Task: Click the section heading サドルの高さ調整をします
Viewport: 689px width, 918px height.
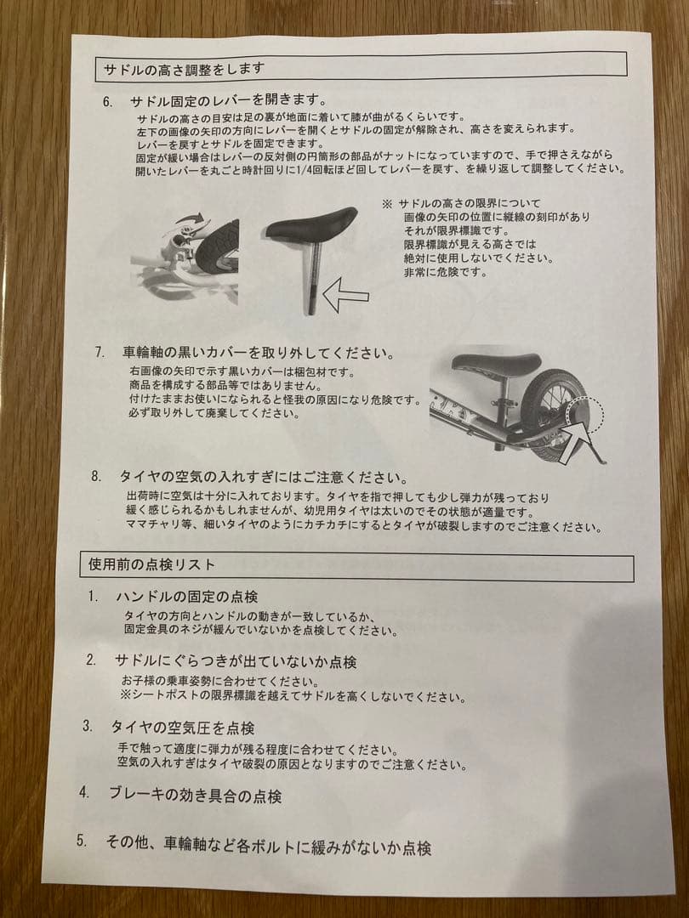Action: [x=184, y=68]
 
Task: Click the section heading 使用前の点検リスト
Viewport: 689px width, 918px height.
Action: [x=151, y=564]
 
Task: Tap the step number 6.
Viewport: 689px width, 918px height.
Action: [x=107, y=102]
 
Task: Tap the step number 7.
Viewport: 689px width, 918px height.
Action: [x=100, y=352]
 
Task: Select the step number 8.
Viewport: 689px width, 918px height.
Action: [x=96, y=476]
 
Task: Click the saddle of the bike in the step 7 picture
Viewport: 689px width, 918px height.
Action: [x=495, y=364]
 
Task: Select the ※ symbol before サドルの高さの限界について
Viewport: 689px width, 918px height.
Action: [x=387, y=204]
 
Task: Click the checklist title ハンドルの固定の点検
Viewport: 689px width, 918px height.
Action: [x=186, y=597]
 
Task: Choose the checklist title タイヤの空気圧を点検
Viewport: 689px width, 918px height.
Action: [x=182, y=728]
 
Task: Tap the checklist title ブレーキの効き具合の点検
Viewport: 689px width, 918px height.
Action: [x=195, y=796]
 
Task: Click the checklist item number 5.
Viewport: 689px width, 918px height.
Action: [x=82, y=841]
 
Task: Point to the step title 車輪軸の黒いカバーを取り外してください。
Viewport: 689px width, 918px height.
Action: [x=258, y=352]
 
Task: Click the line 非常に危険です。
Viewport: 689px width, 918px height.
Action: [x=446, y=273]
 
